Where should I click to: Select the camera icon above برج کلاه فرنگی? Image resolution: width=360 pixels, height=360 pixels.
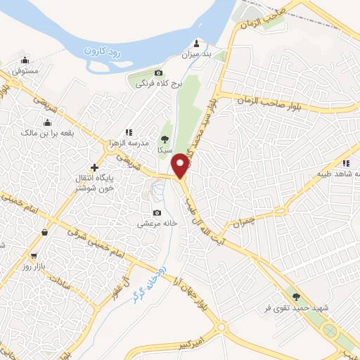159,73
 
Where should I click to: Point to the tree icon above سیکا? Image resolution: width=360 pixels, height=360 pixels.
165,139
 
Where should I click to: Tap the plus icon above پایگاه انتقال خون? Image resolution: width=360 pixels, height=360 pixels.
95,167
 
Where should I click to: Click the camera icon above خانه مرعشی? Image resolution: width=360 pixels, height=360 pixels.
156,213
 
